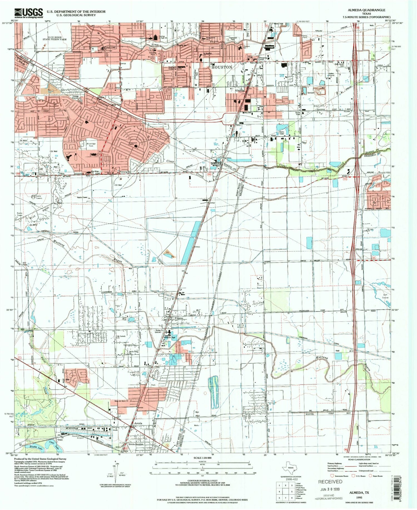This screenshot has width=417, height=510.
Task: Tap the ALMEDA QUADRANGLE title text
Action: click(366, 10)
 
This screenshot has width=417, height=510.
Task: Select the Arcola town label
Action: click(138, 423)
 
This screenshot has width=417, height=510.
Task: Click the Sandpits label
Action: click(311, 93)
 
